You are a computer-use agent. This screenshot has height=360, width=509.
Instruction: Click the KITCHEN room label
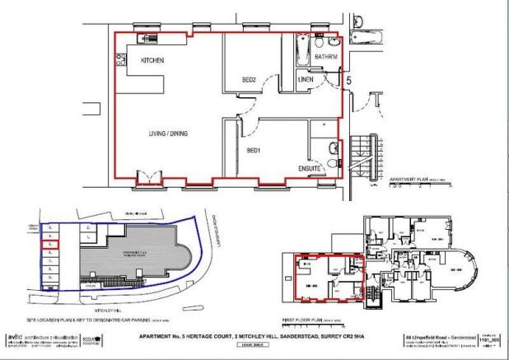(152, 61)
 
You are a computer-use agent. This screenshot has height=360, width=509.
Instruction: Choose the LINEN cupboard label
(306, 80)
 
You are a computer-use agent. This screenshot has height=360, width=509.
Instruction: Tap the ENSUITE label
(310, 168)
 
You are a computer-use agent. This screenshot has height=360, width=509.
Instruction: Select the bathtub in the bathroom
(300, 46)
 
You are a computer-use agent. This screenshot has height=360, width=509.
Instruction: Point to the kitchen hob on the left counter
(120, 58)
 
